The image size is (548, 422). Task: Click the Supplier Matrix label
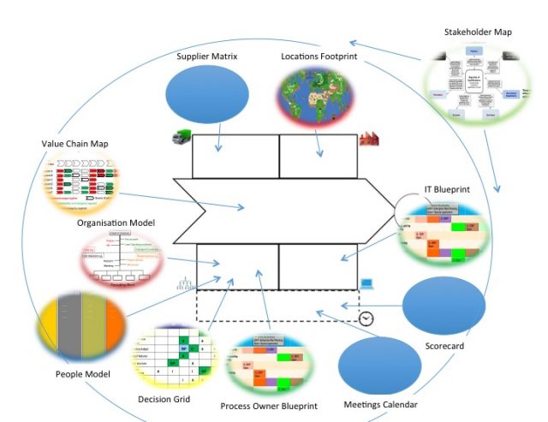click(x=206, y=56)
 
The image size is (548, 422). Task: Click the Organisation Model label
click(x=116, y=223)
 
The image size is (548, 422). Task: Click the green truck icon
click(x=180, y=137)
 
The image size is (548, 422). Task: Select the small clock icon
click(x=366, y=318)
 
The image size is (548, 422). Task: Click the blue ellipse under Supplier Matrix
click(x=205, y=95)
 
